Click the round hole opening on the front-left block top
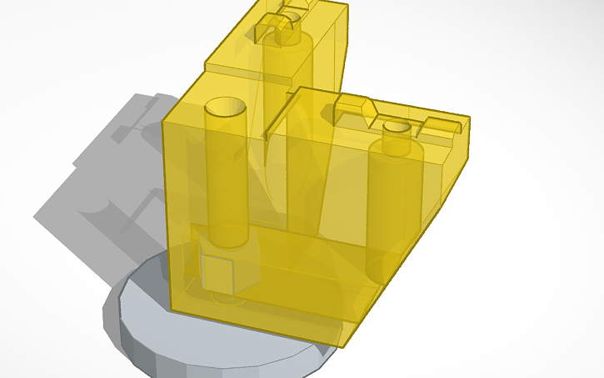tap(222, 108)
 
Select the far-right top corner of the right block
tap(468, 116)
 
